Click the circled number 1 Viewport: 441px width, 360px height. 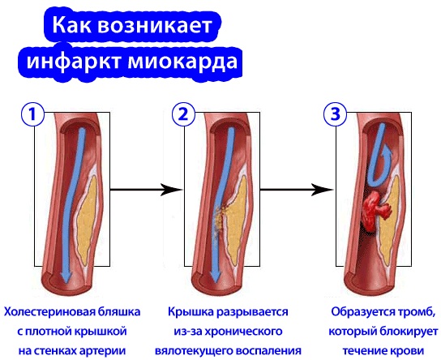coord(32,115)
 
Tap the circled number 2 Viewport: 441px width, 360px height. coord(183,115)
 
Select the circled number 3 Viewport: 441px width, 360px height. coord(336,115)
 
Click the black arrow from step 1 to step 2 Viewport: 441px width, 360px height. coord(146,189)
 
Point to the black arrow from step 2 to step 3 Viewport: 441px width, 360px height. coord(297,189)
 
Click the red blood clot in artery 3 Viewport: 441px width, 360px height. coord(374,209)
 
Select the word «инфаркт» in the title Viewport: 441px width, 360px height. coord(75,61)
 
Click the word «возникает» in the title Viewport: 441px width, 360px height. coord(154,25)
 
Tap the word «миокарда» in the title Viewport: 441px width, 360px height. coord(183,61)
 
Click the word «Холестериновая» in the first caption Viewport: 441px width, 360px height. coord(49,312)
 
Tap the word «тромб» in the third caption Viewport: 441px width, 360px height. coord(413,312)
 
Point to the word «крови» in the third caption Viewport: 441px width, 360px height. coord(408,351)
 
